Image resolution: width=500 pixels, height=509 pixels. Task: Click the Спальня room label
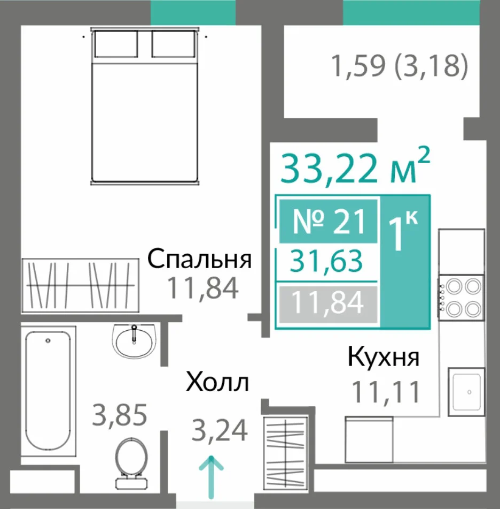pyautogui.click(x=199, y=259)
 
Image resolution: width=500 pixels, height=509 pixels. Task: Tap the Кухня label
pyautogui.click(x=384, y=357)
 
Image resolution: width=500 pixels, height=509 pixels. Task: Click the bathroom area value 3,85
pyautogui.click(x=120, y=415)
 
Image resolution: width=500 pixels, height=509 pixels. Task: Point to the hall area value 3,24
pyautogui.click(x=220, y=430)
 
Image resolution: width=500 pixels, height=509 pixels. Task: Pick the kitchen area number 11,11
pyautogui.click(x=386, y=392)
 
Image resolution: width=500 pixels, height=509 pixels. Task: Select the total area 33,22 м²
pyautogui.click(x=355, y=166)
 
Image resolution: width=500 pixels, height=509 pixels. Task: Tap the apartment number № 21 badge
pyautogui.click(x=328, y=222)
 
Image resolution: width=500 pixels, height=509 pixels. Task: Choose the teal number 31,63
pyautogui.click(x=326, y=261)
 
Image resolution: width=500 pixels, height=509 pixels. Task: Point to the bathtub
pyautogui.click(x=48, y=391)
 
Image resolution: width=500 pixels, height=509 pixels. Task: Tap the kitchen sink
pyautogui.click(x=466, y=392)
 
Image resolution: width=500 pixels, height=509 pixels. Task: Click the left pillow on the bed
pyautogui.click(x=116, y=44)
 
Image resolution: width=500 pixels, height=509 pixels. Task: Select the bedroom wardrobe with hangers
pyautogui.click(x=80, y=286)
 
